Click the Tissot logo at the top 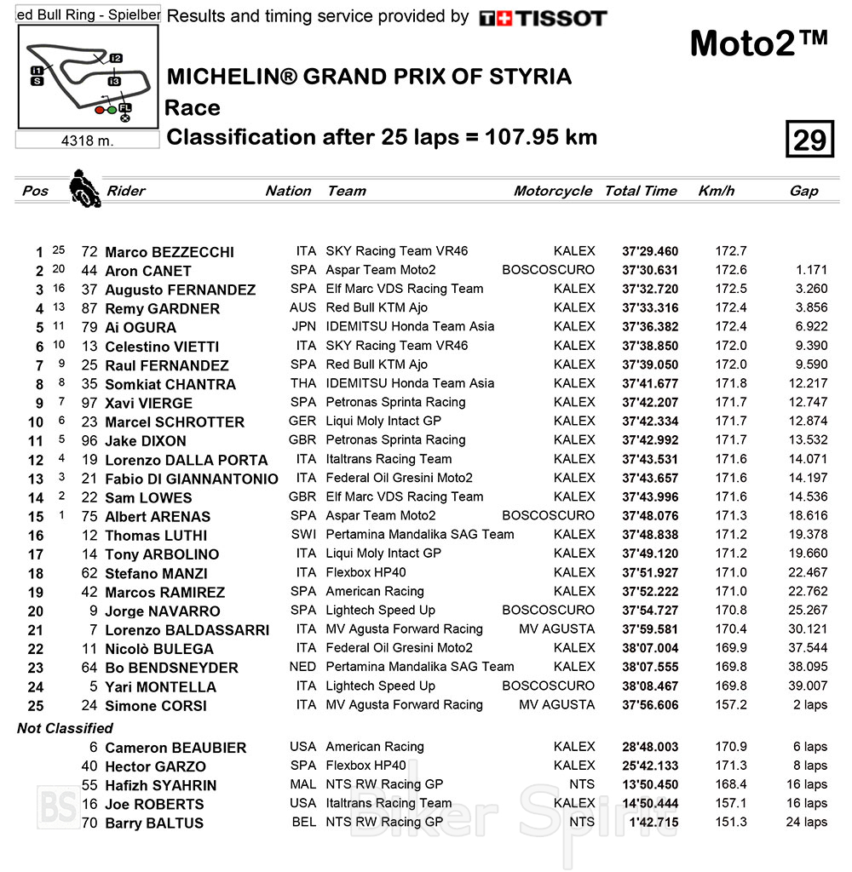pos(543,18)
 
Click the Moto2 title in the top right pos(757,44)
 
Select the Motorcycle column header pos(552,191)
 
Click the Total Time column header pos(641,191)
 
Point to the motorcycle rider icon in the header pos(83,188)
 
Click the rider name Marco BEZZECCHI pos(169,252)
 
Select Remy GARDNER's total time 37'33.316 pos(649,308)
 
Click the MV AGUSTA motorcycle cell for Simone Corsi pos(556,705)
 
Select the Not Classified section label pos(65,728)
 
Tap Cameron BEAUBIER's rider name pos(176,748)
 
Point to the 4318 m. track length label pos(88,141)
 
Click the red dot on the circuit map pos(100,110)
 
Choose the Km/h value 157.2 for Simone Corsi pos(731,705)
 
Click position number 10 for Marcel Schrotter pos(35,422)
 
